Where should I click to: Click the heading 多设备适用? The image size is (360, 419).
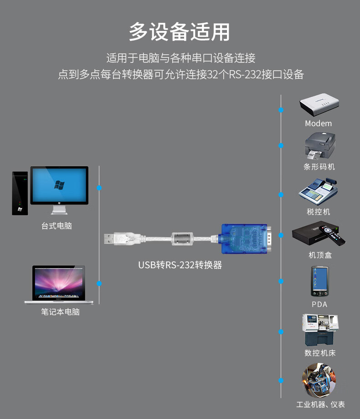180,32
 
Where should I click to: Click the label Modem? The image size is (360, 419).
319,123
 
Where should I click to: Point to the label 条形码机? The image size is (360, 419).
319,167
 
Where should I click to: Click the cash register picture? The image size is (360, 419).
319,192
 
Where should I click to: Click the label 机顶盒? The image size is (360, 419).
320,255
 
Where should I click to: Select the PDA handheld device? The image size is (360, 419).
319,281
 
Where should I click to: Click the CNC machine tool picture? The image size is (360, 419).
319,330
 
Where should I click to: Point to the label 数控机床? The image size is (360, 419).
320,353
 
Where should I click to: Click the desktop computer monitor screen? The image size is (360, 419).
59,185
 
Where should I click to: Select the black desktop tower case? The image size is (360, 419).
20,193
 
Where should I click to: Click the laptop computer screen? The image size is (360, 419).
58,282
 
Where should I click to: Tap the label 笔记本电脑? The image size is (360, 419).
60,312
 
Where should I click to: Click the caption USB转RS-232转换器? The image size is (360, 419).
180,265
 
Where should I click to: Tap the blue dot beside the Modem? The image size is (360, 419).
281,110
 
